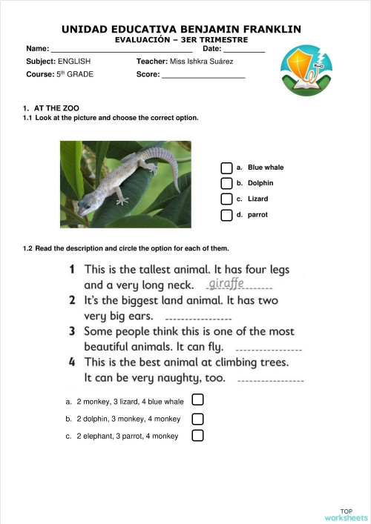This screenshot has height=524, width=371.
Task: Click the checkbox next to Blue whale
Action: [226, 168]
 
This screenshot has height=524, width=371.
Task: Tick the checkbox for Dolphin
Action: [226, 183]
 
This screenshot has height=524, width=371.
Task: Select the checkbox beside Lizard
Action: [226, 199]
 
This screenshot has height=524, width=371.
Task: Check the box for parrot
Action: [226, 215]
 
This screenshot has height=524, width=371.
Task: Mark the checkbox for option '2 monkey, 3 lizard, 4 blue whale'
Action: [197, 401]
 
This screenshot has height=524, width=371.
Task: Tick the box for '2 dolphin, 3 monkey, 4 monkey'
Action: [197, 418]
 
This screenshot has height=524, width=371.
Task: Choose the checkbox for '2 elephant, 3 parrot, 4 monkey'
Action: [197, 435]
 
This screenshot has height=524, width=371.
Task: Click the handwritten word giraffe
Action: [226, 283]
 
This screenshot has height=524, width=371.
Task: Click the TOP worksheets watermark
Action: [346, 515]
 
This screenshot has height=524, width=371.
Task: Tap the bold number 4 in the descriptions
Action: [72, 362]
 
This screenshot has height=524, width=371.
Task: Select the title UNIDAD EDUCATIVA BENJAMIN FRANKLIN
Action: [181, 29]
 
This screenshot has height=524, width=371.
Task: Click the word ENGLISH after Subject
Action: [75, 62]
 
